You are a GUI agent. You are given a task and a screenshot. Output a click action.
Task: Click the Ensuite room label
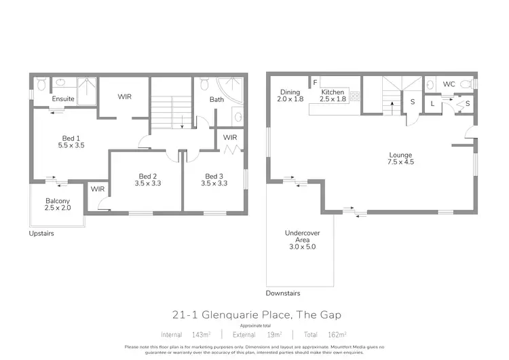click(x=64, y=99)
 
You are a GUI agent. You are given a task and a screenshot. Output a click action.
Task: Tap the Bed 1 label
click(x=70, y=136)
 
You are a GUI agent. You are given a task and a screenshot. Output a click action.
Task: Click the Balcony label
click(x=58, y=201)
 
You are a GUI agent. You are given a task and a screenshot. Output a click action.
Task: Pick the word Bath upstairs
click(x=216, y=100)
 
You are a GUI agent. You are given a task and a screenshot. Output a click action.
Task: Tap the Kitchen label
click(x=333, y=92)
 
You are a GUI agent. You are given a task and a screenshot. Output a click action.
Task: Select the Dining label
click(x=290, y=92)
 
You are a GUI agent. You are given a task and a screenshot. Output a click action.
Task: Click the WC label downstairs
click(x=449, y=84)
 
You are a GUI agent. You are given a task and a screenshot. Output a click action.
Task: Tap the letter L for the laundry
click(x=433, y=103)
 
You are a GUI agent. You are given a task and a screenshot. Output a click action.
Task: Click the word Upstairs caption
click(x=41, y=234)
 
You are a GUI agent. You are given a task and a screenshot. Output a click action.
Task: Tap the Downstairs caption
click(x=283, y=293)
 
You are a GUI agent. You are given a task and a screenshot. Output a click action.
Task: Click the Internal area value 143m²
click(x=200, y=334)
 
